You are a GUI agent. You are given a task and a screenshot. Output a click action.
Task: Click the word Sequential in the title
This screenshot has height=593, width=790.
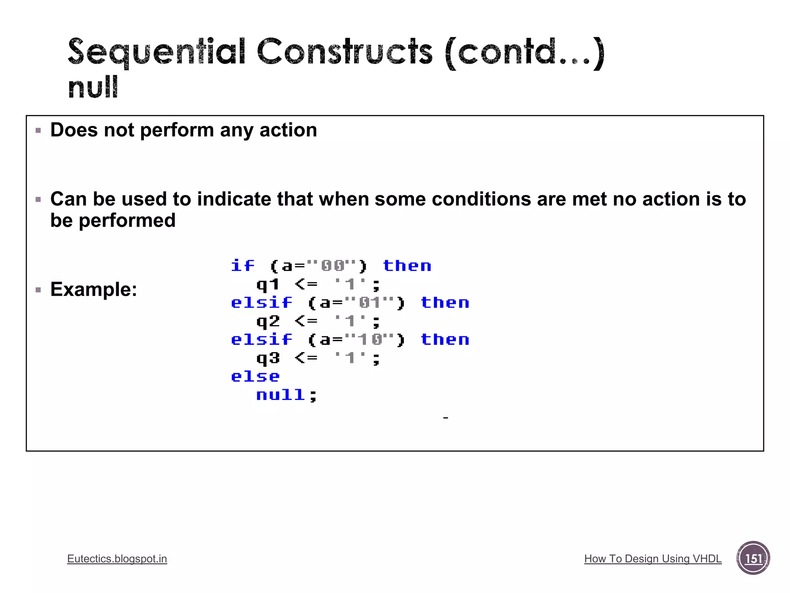(x=156, y=52)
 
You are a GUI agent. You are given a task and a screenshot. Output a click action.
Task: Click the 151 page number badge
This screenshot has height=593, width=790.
(x=753, y=558)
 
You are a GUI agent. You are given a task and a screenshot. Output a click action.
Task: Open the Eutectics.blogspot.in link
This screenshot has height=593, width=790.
(x=117, y=559)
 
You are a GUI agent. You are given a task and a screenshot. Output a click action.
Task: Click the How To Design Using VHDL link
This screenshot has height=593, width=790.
(x=653, y=559)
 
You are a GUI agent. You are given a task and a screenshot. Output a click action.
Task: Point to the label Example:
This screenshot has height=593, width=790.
(x=94, y=289)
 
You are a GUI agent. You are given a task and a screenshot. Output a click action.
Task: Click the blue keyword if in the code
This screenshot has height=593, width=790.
(x=243, y=266)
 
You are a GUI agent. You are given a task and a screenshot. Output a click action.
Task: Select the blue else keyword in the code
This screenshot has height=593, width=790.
(x=255, y=376)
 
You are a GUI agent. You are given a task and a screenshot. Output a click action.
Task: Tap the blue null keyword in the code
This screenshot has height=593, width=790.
(x=281, y=395)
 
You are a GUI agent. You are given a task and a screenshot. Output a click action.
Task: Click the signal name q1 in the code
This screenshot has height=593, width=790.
(x=268, y=285)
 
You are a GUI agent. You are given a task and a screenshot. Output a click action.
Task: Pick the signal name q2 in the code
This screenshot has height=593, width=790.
(x=268, y=321)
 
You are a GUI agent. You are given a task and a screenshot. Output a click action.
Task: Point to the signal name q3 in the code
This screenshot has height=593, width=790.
(x=268, y=358)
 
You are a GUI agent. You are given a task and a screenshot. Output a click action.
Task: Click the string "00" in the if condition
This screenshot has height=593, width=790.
(x=333, y=266)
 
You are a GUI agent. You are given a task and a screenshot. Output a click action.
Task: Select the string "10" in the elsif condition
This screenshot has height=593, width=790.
(x=370, y=340)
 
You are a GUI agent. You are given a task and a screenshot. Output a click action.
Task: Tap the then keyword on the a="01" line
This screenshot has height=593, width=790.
(x=445, y=303)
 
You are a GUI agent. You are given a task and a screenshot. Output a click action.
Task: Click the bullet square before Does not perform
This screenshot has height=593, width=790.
(x=38, y=130)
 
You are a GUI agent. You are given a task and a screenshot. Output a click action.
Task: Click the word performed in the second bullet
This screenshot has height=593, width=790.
(x=127, y=220)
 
